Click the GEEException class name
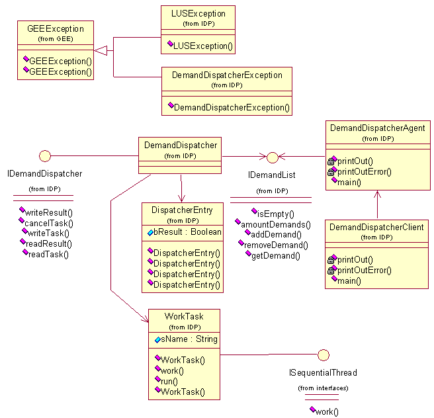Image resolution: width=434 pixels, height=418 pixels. (x=56, y=28)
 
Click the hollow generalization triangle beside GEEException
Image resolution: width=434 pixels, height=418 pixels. (x=101, y=51)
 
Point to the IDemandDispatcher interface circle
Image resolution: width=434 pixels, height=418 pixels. (x=45, y=156)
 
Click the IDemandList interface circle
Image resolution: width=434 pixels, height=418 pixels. (x=273, y=157)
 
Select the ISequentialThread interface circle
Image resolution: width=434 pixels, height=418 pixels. (x=324, y=355)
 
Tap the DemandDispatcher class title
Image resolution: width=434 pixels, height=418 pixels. (x=181, y=146)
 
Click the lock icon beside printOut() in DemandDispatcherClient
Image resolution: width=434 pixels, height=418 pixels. (x=331, y=260)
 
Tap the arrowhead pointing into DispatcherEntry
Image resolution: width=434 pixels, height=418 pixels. (x=181, y=199)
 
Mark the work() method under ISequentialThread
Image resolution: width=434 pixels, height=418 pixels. (x=324, y=411)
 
